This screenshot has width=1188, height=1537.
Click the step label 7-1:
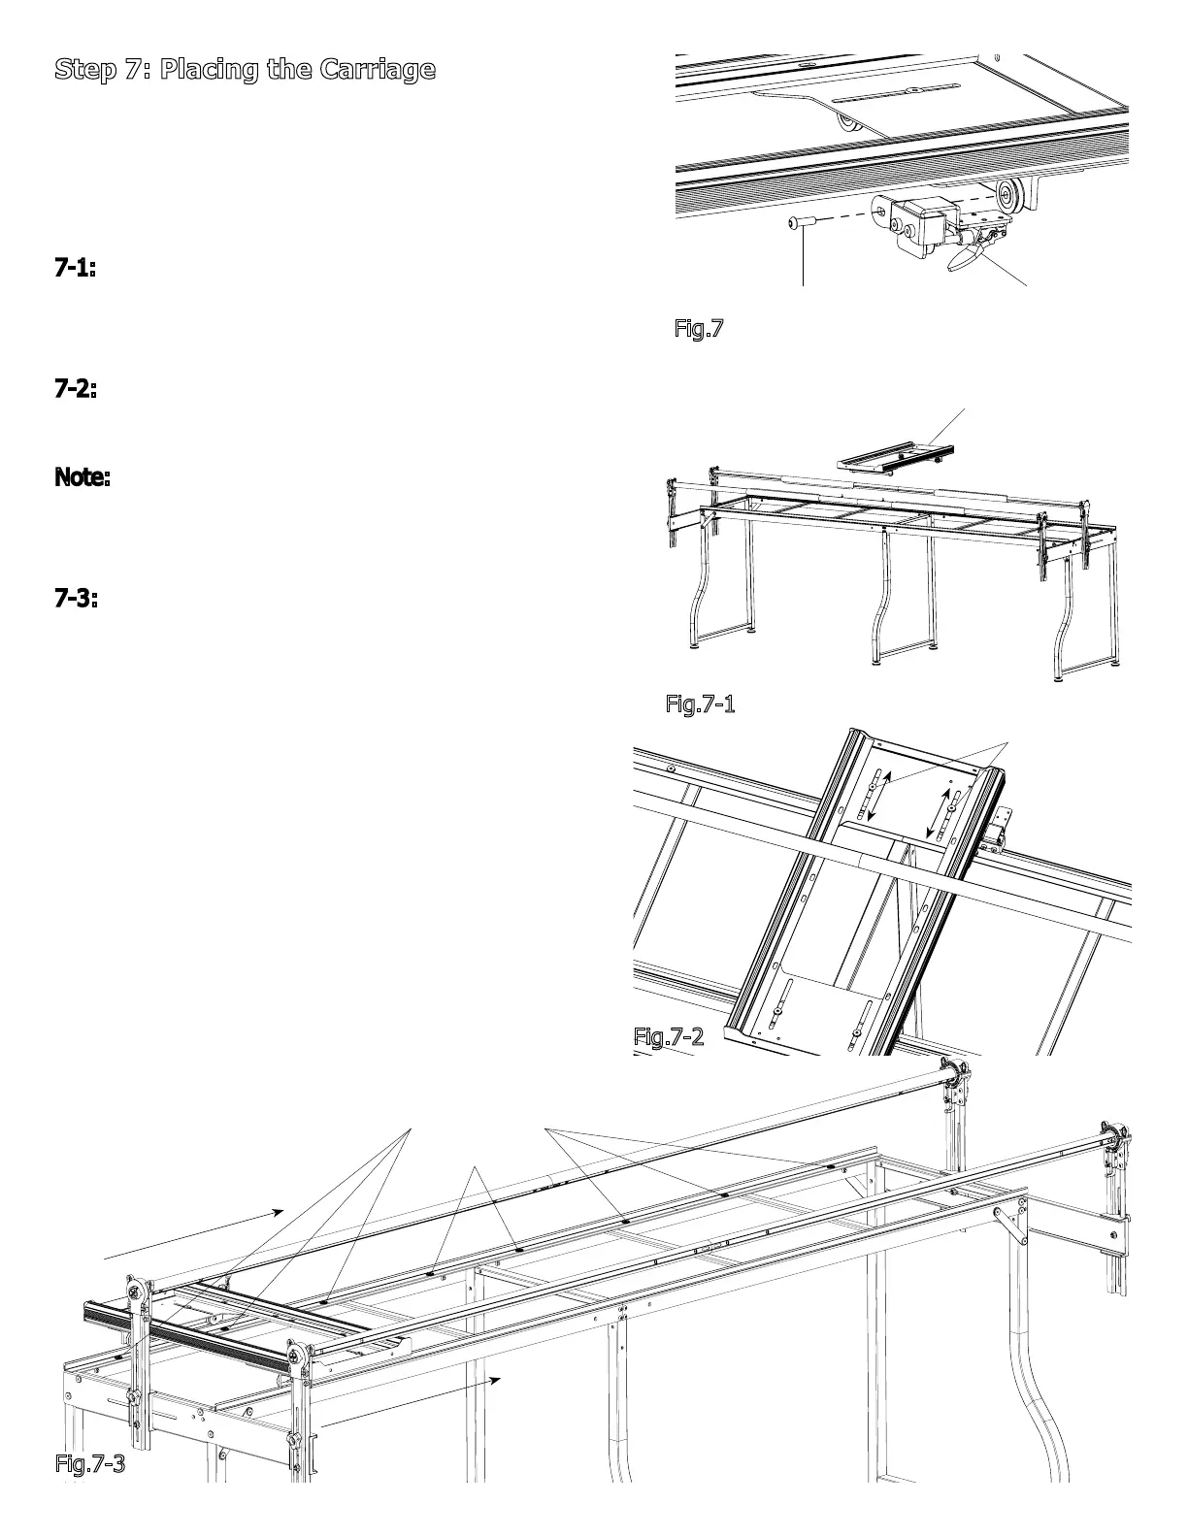[75, 269]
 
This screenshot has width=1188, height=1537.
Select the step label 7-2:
[75, 389]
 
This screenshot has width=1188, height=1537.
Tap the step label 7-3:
[75, 599]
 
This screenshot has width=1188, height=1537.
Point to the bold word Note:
[82, 477]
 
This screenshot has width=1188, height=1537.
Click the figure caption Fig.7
[699, 328]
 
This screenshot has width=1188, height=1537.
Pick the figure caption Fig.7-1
[700, 703]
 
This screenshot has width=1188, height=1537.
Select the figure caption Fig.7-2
[668, 1036]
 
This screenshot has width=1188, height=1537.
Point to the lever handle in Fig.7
[961, 258]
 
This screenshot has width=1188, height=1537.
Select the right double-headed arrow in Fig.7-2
[942, 813]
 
